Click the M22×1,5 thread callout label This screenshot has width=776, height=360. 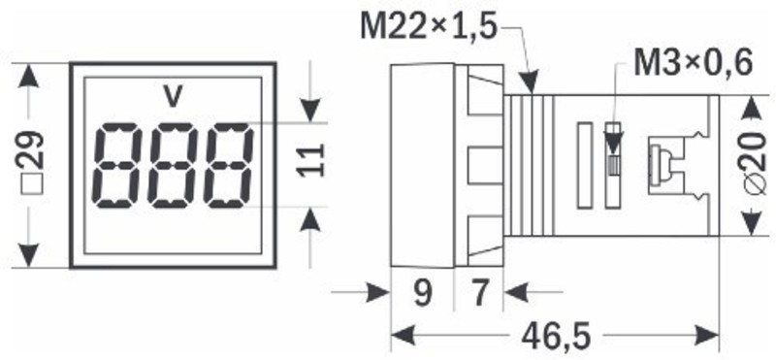[428, 27]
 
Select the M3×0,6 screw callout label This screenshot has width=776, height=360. [694, 63]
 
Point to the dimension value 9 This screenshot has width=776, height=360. [422, 293]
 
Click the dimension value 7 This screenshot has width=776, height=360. [479, 293]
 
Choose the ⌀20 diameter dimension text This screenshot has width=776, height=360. [760, 164]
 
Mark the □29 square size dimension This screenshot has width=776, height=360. [33, 162]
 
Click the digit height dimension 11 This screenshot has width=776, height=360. [311, 159]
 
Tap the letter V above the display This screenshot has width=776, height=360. [173, 97]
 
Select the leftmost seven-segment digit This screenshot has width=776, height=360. [116, 165]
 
